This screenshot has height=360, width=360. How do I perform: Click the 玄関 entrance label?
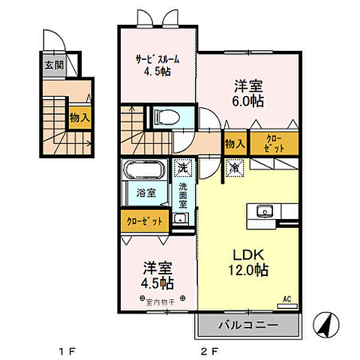[x=53, y=65]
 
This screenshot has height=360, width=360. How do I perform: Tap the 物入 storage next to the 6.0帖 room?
[x=234, y=144]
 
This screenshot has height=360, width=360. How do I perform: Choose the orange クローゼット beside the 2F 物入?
[x=273, y=144]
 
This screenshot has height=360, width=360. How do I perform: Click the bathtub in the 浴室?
[x=145, y=170]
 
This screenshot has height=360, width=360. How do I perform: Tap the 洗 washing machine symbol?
[x=182, y=169]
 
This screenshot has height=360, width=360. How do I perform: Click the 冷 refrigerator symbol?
[x=234, y=169]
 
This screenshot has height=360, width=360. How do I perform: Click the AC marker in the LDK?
[x=287, y=301]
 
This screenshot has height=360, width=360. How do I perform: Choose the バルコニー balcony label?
[x=248, y=326]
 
